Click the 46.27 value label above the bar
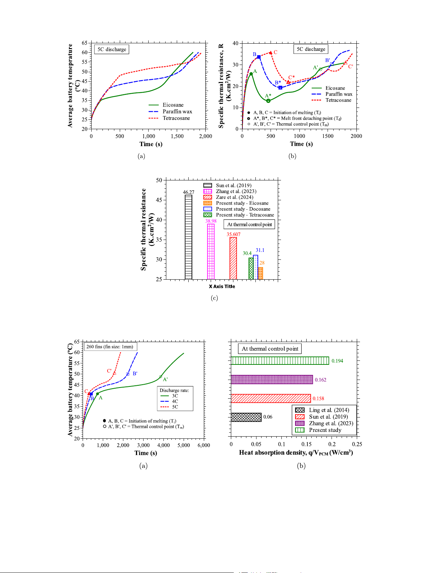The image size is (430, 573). [188, 192]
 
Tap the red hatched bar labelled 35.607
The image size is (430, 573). [233, 258]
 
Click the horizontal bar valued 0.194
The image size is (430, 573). [280, 360]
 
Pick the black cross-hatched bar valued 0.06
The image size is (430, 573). [246, 417]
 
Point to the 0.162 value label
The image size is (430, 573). [320, 380]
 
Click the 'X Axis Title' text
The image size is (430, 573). [222, 286]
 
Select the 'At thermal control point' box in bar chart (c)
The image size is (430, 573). [249, 224]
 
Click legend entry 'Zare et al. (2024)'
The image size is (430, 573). [234, 197]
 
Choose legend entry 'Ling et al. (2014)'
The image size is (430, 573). [329, 410]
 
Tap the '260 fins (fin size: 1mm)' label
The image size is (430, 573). [110, 347]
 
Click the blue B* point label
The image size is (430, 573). [278, 83]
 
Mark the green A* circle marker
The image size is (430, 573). [268, 101]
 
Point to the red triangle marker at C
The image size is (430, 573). [271, 53]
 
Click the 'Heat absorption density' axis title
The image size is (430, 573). [296, 452]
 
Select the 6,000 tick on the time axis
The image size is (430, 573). [204, 445]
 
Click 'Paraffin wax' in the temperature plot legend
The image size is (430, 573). [177, 111]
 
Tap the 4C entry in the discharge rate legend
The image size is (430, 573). [175, 401]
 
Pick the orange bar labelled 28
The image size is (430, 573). [260, 273]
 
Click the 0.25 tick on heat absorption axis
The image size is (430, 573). [357, 445]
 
